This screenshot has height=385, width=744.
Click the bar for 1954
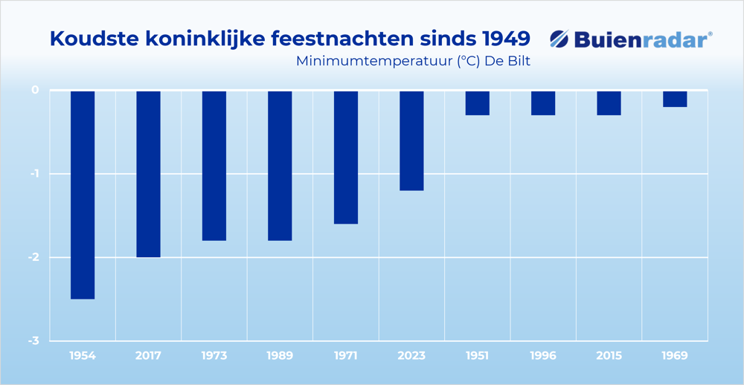click(83, 195)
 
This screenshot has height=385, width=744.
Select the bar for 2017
click(148, 174)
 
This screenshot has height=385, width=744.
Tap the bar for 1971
click(346, 157)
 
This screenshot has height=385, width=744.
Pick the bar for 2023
click(411, 140)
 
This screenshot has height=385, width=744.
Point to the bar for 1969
click(675, 99)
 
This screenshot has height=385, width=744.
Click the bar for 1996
click(543, 103)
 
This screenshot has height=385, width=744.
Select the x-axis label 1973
click(214, 356)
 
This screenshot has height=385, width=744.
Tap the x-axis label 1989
click(280, 356)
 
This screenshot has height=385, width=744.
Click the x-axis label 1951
click(477, 356)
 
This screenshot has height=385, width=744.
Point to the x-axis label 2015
click(609, 356)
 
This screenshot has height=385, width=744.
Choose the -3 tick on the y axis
click(33, 341)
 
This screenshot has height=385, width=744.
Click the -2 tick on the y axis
click(33, 257)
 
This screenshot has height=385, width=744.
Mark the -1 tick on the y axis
click(33, 174)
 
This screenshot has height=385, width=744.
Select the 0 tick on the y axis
click(35, 90)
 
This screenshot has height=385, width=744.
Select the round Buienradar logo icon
click(559, 39)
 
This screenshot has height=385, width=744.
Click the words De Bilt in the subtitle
click(508, 61)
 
